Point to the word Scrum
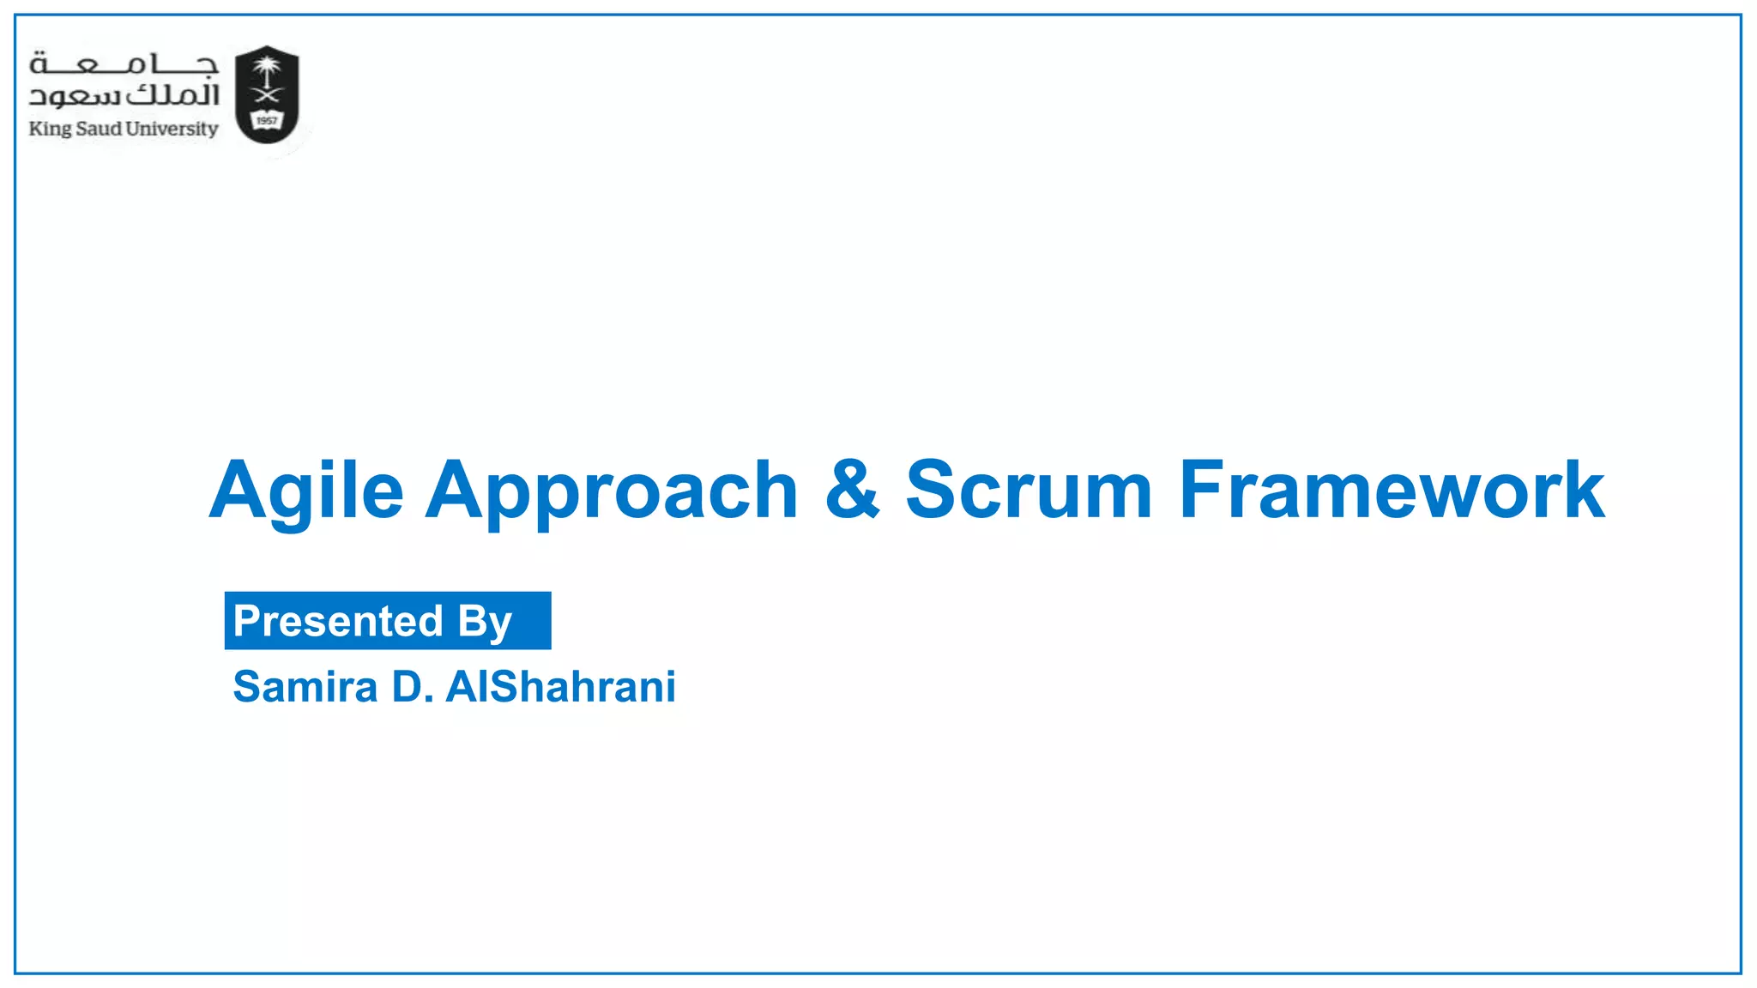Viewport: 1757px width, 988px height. click(x=1029, y=491)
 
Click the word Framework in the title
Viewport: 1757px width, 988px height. click(x=1391, y=491)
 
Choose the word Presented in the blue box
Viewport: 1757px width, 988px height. click(x=338, y=621)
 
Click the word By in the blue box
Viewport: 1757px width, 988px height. click(x=485, y=622)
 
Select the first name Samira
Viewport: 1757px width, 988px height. click(x=305, y=687)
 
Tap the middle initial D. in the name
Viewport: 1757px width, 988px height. click(x=413, y=687)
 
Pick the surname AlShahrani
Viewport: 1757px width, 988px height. click(x=561, y=687)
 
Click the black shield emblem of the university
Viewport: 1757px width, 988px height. click(x=267, y=94)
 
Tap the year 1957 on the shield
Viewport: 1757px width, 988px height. click(x=267, y=121)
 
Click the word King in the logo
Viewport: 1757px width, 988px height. click(x=50, y=130)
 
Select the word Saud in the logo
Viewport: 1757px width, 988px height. click(x=99, y=129)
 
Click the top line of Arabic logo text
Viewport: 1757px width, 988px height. click(x=124, y=65)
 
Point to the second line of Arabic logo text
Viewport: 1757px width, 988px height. click(x=124, y=95)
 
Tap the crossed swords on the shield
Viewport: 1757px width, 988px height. click(x=267, y=96)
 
